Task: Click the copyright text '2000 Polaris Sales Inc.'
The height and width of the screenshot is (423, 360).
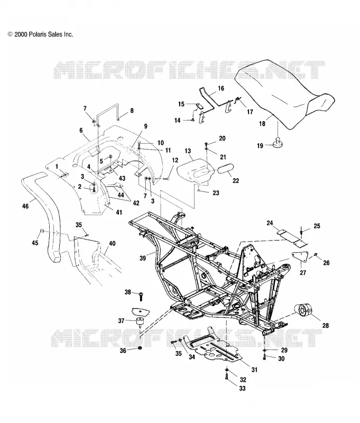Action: [43, 34]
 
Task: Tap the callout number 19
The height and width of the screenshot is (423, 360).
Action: [260, 146]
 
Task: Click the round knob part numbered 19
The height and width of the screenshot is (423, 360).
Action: [278, 143]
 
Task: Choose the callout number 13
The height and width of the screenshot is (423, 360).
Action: [188, 151]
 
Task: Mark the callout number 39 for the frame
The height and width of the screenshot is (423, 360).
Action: [143, 258]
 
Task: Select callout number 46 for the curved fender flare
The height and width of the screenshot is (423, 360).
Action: [25, 206]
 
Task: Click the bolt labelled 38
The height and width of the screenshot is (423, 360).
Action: [141, 296]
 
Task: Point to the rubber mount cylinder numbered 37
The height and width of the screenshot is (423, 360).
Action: [140, 322]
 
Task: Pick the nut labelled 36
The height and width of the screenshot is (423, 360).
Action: [140, 348]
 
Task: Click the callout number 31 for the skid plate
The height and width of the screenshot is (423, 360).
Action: [254, 370]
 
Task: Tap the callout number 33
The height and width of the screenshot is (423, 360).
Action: [243, 388]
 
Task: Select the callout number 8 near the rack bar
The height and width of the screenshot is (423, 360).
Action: [132, 111]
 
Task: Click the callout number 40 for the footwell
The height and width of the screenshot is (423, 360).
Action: [112, 243]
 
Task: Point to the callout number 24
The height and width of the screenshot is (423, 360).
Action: [270, 223]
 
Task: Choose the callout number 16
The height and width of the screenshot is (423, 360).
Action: [221, 88]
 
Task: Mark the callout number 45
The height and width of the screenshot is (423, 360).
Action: [35, 243]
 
